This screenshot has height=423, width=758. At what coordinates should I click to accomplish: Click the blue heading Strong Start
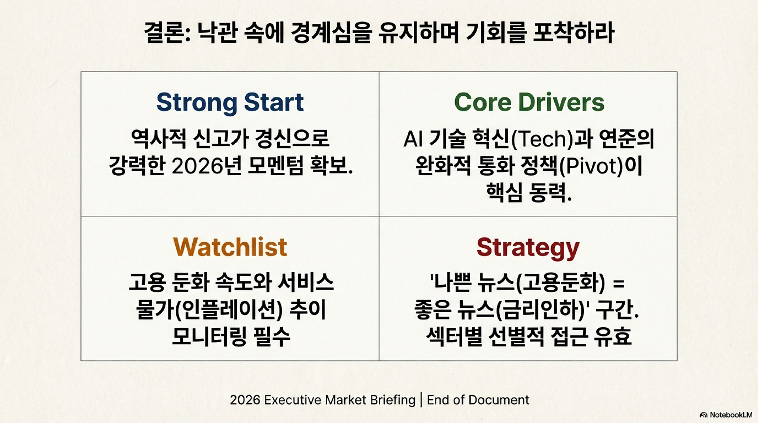(230, 103)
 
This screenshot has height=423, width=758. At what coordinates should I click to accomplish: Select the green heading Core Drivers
(529, 102)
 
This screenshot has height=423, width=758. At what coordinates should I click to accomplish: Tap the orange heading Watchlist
(230, 247)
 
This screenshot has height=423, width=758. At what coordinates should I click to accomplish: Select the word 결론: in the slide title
(167, 32)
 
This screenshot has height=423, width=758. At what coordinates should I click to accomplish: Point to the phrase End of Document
(478, 400)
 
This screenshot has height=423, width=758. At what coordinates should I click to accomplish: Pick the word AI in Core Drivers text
(413, 139)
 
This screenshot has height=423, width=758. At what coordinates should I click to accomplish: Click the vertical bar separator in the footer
(421, 400)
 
